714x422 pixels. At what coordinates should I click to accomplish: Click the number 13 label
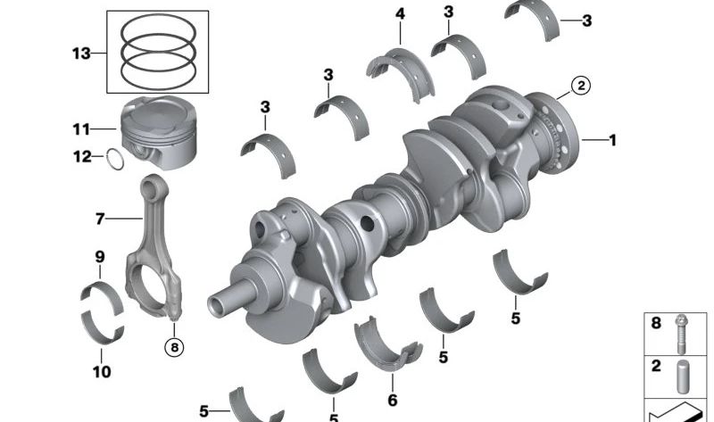click(81, 54)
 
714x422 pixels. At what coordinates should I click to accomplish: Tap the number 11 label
click(82, 129)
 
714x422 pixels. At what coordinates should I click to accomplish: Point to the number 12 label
click(82, 158)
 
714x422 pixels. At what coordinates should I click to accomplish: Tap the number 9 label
click(100, 258)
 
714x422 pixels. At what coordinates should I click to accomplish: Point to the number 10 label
click(102, 370)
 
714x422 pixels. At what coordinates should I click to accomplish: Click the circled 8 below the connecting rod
click(174, 343)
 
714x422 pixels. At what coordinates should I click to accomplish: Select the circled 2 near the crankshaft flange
click(579, 86)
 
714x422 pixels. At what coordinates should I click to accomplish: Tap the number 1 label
click(612, 140)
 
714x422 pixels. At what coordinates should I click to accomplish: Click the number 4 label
click(399, 13)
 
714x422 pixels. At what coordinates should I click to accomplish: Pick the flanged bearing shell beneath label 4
click(394, 66)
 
